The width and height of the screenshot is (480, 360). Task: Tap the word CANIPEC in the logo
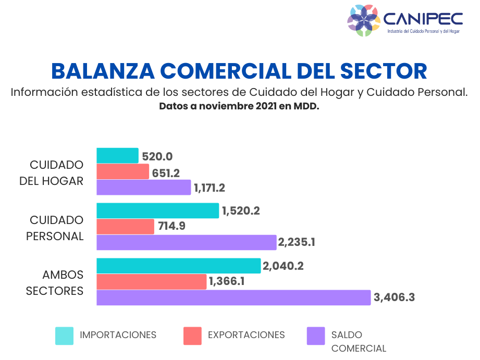pos(423,19)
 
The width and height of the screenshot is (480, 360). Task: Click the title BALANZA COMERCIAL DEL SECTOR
pos(239,71)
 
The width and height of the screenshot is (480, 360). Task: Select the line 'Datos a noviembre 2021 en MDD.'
pos(239,106)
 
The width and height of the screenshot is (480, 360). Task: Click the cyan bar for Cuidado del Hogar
pos(117,156)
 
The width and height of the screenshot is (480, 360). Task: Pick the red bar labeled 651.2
pos(122,171)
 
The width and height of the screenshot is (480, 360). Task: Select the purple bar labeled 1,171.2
pos(144,187)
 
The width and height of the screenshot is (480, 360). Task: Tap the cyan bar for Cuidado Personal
pos(157,210)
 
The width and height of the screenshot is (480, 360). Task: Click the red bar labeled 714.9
pos(125,226)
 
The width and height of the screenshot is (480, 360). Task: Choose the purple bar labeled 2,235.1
pos(186,242)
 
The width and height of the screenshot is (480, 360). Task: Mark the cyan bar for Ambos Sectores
pos(178,266)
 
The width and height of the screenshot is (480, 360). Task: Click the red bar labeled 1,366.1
pos(151,281)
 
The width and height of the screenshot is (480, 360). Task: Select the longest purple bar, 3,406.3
pos(233,297)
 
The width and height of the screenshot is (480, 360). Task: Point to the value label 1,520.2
pos(241,211)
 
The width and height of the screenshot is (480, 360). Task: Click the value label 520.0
pos(157,156)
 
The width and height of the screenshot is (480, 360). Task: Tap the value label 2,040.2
pos(283,266)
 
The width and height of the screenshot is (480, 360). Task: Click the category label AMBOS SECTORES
pos(55,283)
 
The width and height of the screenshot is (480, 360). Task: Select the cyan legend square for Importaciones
pos(65,336)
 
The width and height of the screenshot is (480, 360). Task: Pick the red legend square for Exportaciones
pos(192,336)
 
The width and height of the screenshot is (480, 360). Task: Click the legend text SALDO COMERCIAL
pos(359,341)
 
